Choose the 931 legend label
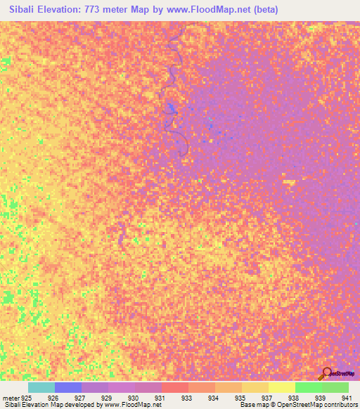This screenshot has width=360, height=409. pyautogui.click(x=160, y=398)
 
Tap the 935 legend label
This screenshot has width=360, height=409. pyautogui.click(x=240, y=398)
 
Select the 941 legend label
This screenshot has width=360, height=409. pyautogui.click(x=345, y=398)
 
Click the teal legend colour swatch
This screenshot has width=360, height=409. pyautogui.click(x=41, y=387)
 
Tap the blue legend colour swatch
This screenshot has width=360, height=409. pyautogui.click(x=68, y=387)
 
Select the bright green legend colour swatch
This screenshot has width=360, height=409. pyautogui.click(x=308, y=387)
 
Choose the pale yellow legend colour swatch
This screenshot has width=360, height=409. pyautogui.click(x=281, y=387)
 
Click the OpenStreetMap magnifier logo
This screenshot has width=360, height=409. pyautogui.click(x=326, y=373)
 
